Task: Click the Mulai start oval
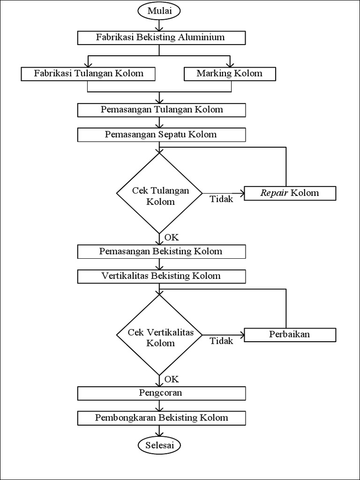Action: click(159, 10)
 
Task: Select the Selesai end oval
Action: click(159, 445)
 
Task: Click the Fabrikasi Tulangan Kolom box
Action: click(89, 74)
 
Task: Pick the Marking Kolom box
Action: click(229, 74)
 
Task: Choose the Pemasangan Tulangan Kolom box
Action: click(161, 110)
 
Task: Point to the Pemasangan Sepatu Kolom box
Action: click(161, 135)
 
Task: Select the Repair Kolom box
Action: click(290, 193)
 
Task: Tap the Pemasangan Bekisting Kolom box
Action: click(161, 251)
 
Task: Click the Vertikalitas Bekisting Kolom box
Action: click(161, 276)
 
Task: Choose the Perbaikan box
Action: click(290, 335)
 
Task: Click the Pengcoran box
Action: click(161, 393)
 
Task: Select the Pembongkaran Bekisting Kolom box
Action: click(161, 418)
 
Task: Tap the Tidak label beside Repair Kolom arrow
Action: click(221, 199)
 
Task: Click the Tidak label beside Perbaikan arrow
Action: click(221, 341)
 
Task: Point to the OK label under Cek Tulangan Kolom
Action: click(172, 237)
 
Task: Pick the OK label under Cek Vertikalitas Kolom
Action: click(172, 379)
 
